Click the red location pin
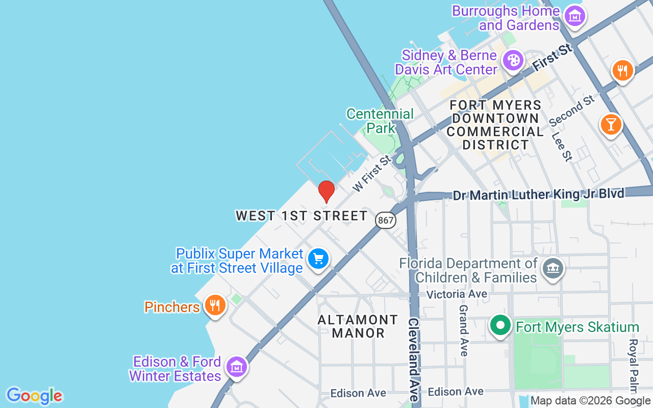click(326, 191)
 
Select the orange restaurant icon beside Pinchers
click(215, 305)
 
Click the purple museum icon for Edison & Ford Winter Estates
click(237, 367)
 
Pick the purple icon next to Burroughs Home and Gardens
click(575, 17)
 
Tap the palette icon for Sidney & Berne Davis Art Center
click(513, 61)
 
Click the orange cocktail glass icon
click(611, 124)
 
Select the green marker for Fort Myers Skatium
click(500, 325)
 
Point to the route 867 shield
click(386, 220)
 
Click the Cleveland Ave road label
click(413, 360)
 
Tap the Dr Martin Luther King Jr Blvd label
click(539, 194)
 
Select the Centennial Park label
click(380, 120)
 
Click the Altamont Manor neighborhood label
click(358, 326)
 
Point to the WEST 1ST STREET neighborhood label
click(302, 216)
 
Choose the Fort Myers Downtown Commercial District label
click(495, 125)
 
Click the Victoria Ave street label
click(457, 294)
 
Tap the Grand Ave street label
click(464, 330)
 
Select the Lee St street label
click(562, 147)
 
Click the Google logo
click(34, 396)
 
